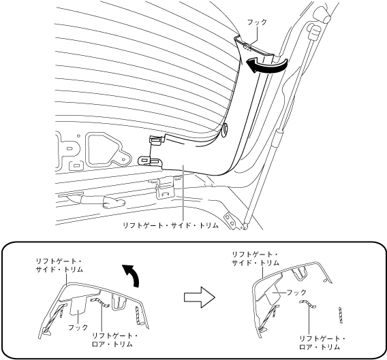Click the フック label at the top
pos(257,22)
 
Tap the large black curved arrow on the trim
pos(268,65)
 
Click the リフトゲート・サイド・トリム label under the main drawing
pos(171,225)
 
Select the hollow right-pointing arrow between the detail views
pos(200,297)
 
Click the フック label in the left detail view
pos(78,327)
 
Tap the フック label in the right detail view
pos(296,293)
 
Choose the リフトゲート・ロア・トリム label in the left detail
pos(114,340)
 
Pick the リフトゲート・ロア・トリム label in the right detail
pos(322,343)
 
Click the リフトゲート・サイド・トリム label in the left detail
pos(59,265)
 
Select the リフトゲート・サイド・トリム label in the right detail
pos(256,259)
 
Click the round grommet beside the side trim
pos(225,129)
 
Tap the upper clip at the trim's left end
pos(157,141)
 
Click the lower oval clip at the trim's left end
pos(150,161)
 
